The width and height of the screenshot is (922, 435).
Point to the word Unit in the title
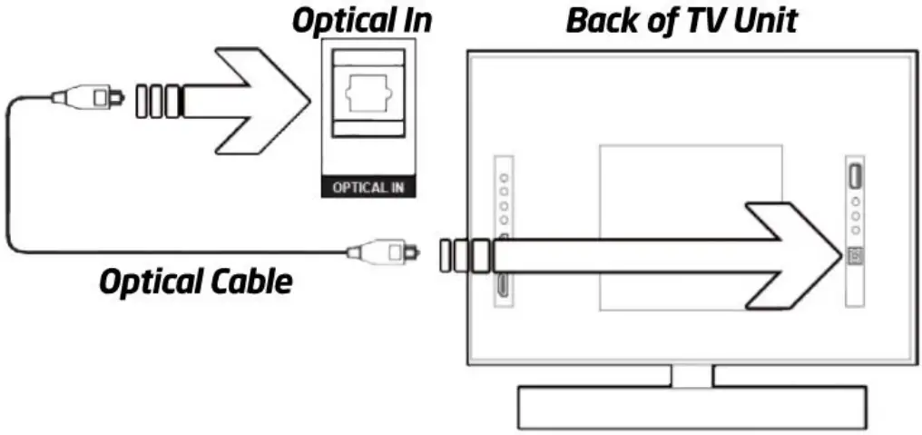point(764,20)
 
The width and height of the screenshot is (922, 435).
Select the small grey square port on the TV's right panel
point(854,257)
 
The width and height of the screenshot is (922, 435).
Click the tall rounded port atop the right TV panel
point(854,173)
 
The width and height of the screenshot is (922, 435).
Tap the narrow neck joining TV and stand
point(691,375)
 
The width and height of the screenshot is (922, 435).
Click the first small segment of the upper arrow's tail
point(142,99)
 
